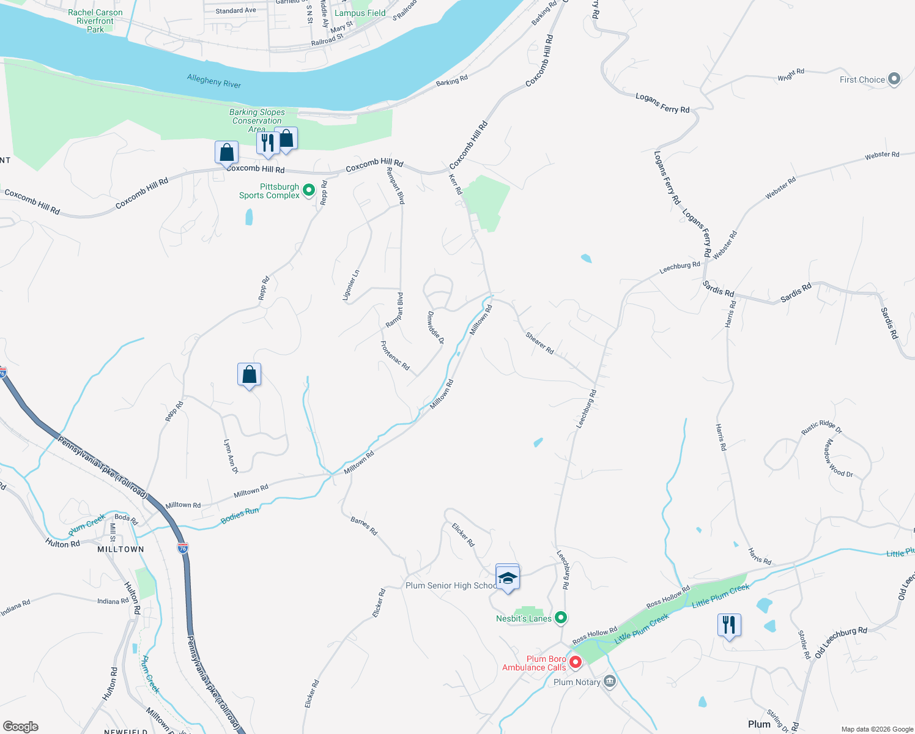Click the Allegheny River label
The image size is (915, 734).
214,81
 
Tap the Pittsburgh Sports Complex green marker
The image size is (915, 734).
309,190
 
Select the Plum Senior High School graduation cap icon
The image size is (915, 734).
507,577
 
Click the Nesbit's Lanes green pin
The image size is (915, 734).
560,618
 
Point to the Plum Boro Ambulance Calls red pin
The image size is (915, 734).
575,662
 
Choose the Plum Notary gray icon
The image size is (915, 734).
609,681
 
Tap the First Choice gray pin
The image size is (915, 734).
894,79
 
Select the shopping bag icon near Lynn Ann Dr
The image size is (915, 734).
249,375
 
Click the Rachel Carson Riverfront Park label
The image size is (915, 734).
95,21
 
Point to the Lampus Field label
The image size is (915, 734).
360,13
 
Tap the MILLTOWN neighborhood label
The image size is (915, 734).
120,549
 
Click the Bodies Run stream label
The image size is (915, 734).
240,515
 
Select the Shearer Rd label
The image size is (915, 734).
539,343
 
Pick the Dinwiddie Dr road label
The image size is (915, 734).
435,328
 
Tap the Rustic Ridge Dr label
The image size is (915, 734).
821,427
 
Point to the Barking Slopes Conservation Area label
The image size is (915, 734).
257,120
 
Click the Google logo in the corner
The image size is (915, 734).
21,727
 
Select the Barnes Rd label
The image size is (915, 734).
364,526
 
